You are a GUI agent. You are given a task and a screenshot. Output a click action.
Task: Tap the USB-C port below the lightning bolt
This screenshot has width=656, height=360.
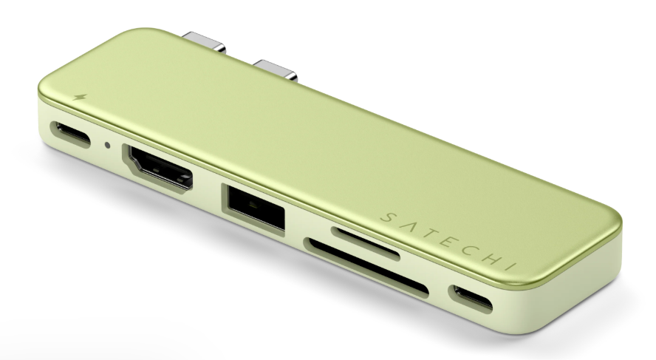click(x=70, y=134)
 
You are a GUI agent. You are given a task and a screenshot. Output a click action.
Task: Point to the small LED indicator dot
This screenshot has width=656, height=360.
click(x=108, y=145)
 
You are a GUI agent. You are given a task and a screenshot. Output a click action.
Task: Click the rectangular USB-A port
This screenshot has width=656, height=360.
click(x=253, y=207)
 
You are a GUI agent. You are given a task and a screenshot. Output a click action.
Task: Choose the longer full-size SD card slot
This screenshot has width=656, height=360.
click(x=366, y=268)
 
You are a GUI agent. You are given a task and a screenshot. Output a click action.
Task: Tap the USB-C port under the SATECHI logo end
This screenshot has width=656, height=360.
click(x=471, y=299)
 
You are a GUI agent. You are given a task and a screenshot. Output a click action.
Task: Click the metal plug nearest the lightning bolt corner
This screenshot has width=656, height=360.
click(x=204, y=42)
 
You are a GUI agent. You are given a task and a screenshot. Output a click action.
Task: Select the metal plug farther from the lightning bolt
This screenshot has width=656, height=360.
click(x=276, y=70)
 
